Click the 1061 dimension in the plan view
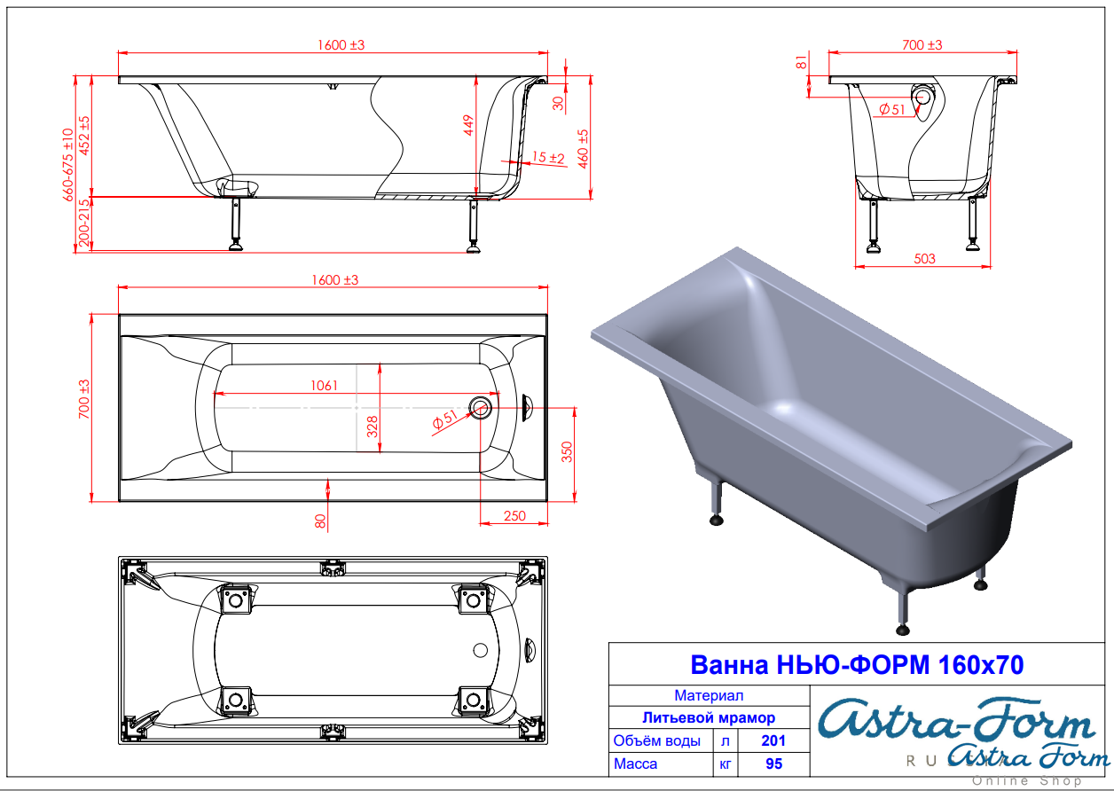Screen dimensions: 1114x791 coord(325,386)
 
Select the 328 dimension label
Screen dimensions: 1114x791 coord(372,427)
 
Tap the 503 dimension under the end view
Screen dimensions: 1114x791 coord(924,259)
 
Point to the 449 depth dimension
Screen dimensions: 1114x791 coord(468,125)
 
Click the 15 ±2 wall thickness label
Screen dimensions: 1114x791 coord(548,158)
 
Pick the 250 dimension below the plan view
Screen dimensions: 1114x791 coord(514,516)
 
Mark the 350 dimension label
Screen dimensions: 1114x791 coord(567,452)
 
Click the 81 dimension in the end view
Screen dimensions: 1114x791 coord(801,63)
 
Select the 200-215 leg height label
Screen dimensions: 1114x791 coord(84,223)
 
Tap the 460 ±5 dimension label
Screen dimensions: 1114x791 coord(583,149)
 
